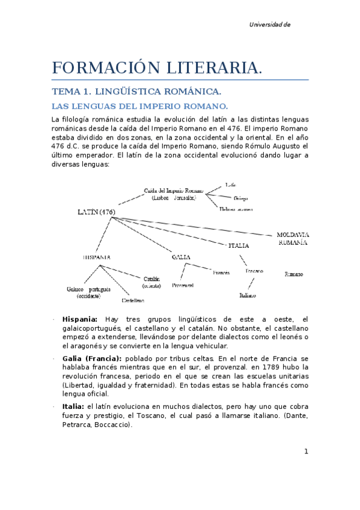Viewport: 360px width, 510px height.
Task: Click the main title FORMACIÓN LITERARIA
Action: tap(157, 68)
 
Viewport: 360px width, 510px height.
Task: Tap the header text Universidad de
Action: tap(270, 25)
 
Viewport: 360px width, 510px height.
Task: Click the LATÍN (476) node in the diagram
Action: tap(96, 212)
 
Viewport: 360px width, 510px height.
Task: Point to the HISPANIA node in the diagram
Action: tap(96, 257)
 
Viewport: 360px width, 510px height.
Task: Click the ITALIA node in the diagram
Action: tap(239, 245)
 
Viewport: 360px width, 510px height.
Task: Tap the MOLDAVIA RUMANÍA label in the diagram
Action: tap(292, 239)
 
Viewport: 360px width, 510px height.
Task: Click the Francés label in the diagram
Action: tap(221, 272)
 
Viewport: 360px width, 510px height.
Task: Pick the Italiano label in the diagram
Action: tap(247, 296)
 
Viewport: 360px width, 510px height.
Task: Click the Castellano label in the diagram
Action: tap(133, 300)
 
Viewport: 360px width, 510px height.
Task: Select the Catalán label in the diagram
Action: tap(151, 282)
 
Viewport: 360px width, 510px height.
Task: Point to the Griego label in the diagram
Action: tap(240, 198)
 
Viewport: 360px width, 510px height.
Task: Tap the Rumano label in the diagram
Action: tap(293, 274)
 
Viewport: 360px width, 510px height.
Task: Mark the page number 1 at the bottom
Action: tap(306, 452)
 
